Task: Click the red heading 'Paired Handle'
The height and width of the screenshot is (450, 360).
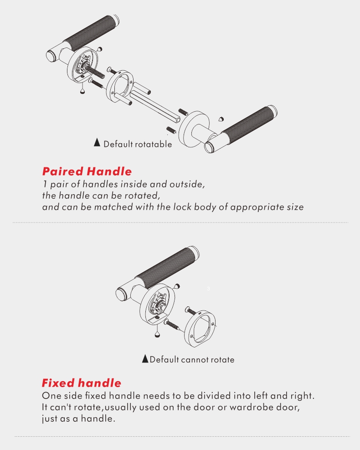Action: coord(87,171)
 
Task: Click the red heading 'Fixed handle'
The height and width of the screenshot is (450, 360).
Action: coord(82,383)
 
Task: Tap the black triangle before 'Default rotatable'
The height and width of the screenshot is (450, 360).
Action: coord(97,142)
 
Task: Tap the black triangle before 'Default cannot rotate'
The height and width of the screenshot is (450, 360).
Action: coord(145,358)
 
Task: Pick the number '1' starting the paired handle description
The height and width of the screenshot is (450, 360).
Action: coord(45,184)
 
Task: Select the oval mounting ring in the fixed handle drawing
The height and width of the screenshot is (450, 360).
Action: coord(200,329)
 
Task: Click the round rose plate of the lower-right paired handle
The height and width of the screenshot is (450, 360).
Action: coord(194,129)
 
